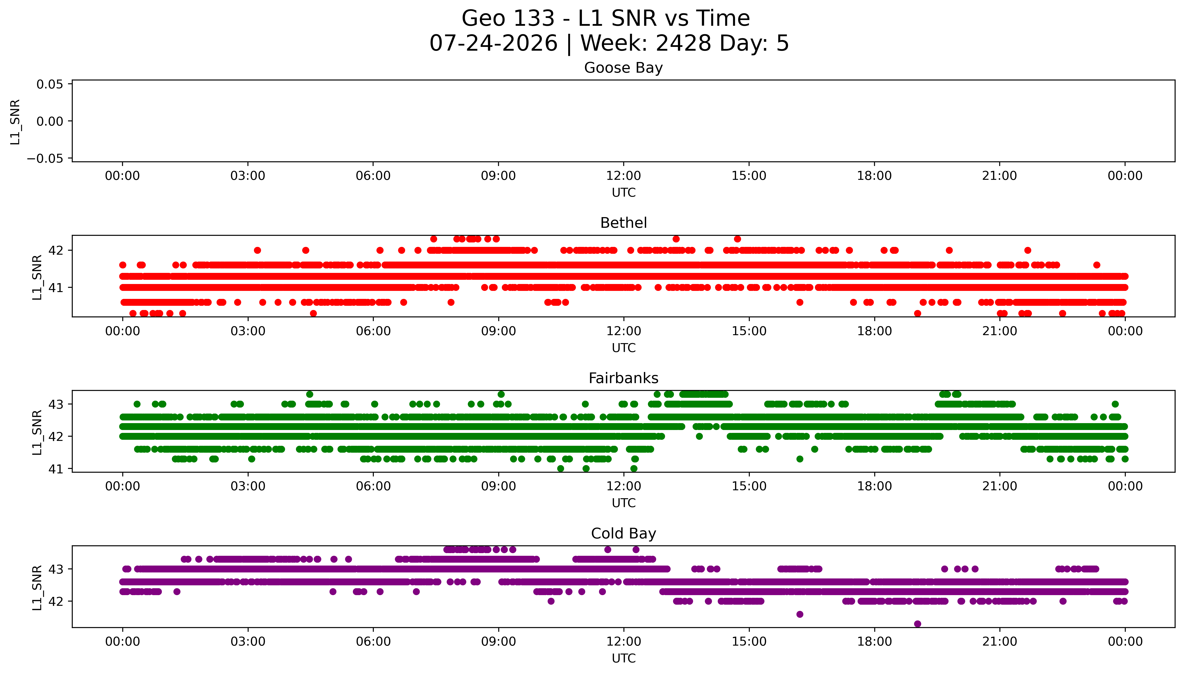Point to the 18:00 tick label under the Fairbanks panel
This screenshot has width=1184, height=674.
coord(874,486)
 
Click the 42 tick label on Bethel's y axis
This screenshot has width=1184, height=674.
coord(56,250)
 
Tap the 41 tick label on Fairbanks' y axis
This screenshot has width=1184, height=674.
coord(56,469)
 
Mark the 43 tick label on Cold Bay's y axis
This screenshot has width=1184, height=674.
coord(56,569)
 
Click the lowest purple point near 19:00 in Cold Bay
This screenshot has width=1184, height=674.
coord(917,624)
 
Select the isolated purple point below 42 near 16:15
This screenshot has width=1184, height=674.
coord(800,614)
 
